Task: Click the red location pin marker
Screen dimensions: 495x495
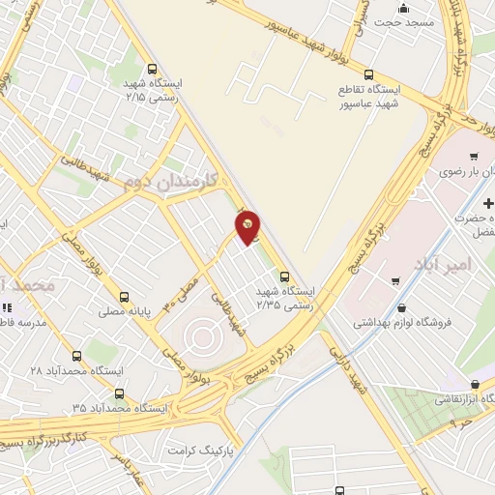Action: coord(248,227)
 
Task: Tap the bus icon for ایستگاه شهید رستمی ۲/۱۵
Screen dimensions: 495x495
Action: coord(152,68)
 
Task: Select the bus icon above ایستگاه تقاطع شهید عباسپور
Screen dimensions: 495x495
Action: coord(367,74)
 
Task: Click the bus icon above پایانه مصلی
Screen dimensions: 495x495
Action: coord(123,298)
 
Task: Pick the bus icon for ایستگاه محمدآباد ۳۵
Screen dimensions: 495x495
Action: coord(119,393)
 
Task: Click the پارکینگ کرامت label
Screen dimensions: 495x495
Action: coord(201,451)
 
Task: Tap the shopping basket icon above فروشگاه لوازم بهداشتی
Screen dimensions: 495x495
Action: coord(396,281)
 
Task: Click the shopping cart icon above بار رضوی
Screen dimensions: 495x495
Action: coord(473,157)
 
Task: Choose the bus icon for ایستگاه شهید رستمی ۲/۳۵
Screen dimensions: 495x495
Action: coord(282,275)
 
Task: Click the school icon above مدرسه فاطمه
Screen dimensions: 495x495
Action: coord(8,307)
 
